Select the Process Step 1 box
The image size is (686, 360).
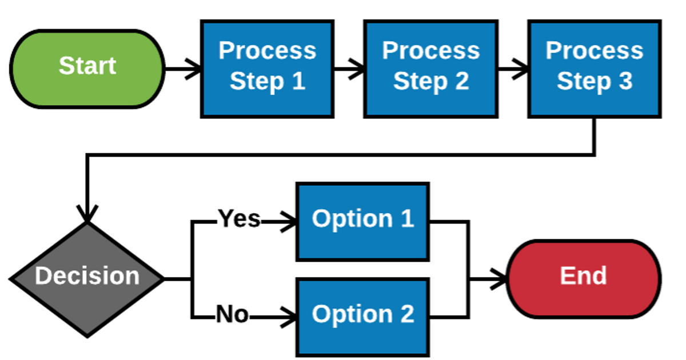(x=267, y=69)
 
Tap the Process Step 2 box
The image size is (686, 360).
(x=430, y=69)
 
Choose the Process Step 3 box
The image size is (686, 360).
(x=594, y=69)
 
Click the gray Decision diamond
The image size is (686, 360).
(x=87, y=278)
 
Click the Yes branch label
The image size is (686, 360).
(x=239, y=219)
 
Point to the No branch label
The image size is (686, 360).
(x=232, y=315)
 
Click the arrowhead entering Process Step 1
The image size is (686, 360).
(x=196, y=70)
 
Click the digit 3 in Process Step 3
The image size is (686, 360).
(x=625, y=82)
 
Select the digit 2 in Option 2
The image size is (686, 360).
(x=406, y=315)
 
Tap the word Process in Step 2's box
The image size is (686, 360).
(x=430, y=51)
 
